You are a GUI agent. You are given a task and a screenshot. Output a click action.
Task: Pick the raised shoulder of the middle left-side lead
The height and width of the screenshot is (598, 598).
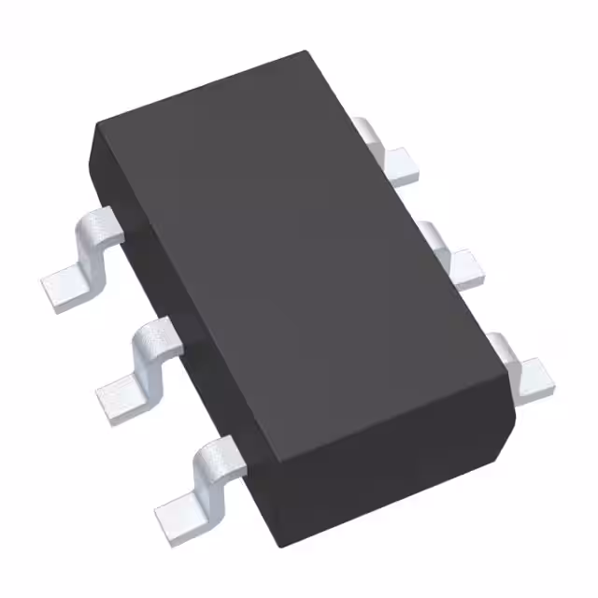click(x=159, y=333)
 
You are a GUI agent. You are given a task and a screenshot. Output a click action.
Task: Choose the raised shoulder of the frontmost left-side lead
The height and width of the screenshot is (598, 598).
click(x=220, y=453)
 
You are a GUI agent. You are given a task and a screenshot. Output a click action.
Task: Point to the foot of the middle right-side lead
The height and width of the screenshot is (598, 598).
click(x=467, y=266)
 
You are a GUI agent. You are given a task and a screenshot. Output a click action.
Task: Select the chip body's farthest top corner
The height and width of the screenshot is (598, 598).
click(x=305, y=53)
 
